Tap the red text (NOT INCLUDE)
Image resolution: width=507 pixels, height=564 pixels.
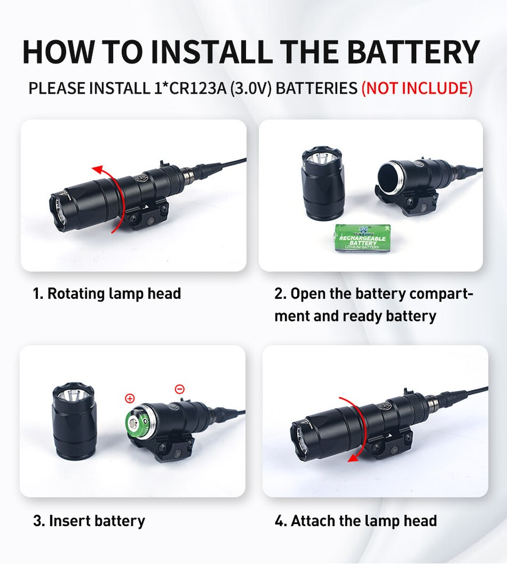(x=416, y=88)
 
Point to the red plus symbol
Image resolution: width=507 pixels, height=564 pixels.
(x=130, y=398)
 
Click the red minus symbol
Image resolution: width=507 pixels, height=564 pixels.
(x=179, y=389)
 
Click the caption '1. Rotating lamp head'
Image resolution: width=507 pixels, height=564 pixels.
(x=107, y=294)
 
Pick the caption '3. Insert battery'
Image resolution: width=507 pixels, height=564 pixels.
(x=89, y=521)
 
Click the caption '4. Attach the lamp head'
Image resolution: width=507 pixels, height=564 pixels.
(x=355, y=521)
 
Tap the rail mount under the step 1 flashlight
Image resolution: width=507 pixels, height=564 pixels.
(x=144, y=217)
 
